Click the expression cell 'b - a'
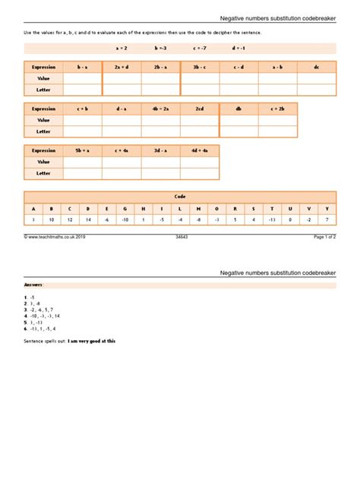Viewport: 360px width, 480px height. [82, 67]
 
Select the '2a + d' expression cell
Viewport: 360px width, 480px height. [122, 67]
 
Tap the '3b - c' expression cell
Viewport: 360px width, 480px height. [200, 67]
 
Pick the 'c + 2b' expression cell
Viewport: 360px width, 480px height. [277, 109]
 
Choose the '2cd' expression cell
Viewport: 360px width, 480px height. [200, 109]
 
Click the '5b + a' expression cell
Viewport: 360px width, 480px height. [82, 150]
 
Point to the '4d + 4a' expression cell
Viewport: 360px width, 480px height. [200, 150]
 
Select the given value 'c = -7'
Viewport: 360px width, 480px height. [201, 48]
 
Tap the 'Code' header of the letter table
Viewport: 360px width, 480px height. [180, 196]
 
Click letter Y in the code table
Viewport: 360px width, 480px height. [327, 208]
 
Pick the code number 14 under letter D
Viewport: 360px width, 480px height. [88, 219]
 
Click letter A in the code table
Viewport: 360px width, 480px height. [33, 208]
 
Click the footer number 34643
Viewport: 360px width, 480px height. [181, 237]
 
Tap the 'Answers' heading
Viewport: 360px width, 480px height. [34, 284]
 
